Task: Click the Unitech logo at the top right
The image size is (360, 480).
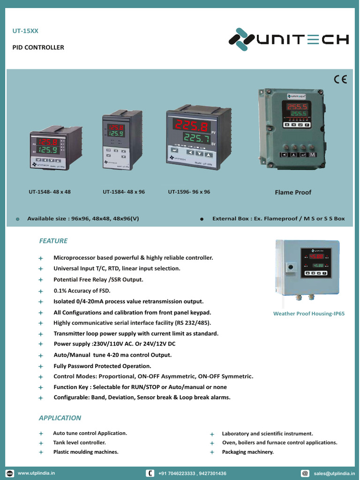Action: pos(288,40)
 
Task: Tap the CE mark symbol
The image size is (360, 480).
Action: pos(340,79)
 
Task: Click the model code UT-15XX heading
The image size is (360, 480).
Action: pos(25,32)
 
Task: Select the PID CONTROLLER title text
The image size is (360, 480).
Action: pos(38,47)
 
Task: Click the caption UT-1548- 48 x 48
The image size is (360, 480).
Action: pos(50,192)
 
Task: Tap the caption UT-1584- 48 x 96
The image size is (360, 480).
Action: pos(124,192)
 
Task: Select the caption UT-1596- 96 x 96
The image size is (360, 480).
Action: pos(189,192)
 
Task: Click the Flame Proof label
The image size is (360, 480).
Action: pos(293,192)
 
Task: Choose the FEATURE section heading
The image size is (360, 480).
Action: pos(53,241)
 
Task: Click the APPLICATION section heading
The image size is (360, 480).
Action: pos(60,418)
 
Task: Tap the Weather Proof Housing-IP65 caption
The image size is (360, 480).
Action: pos(309,314)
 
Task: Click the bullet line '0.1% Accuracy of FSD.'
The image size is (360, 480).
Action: pos(82,291)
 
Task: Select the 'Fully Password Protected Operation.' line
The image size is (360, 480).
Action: pos(102,366)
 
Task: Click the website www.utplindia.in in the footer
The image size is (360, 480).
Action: pos(37,473)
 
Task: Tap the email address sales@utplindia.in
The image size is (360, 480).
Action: pos(334,473)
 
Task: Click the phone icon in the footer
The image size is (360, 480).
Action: pos(150,473)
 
